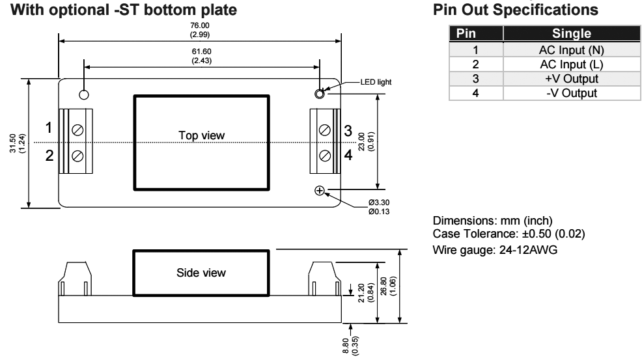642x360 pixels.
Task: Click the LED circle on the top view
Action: [320, 94]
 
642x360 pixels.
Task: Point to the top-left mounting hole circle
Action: [84, 94]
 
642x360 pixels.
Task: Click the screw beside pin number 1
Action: [77, 129]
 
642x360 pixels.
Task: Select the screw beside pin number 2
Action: [77, 155]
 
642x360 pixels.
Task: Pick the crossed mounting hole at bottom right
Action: [320, 191]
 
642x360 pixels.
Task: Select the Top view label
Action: [201, 135]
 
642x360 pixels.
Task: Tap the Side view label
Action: [201, 272]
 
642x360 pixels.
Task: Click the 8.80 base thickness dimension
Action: [354, 342]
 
